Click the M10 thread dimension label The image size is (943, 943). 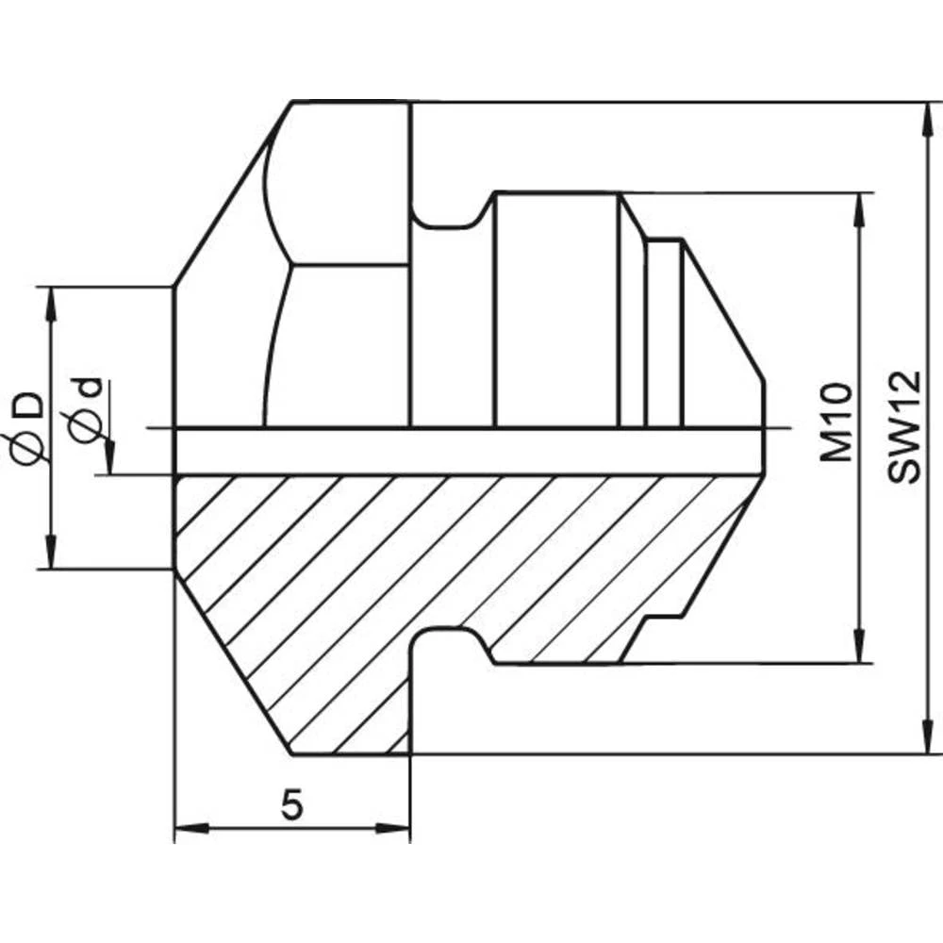(835, 422)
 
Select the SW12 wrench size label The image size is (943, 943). (903, 427)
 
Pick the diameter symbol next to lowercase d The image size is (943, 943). (87, 426)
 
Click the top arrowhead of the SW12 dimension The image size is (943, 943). (923, 119)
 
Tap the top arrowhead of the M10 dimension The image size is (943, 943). (859, 210)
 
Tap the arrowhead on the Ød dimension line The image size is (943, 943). (110, 456)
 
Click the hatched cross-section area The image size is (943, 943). (377, 566)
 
